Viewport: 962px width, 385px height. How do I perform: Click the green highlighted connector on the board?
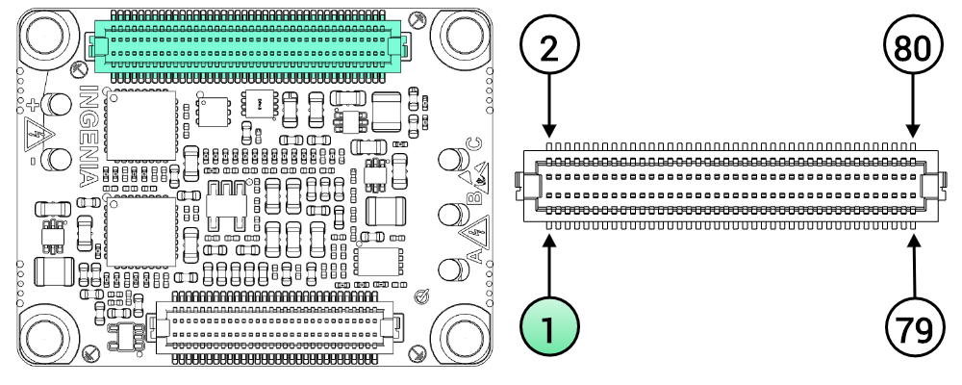(246, 43)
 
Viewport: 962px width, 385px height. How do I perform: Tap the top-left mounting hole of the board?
(45, 37)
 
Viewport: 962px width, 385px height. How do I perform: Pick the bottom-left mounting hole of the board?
(45, 336)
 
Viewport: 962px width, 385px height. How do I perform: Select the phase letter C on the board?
(472, 146)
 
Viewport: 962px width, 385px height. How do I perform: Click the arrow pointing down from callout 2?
(548, 111)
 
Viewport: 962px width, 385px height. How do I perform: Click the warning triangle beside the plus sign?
(36, 134)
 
